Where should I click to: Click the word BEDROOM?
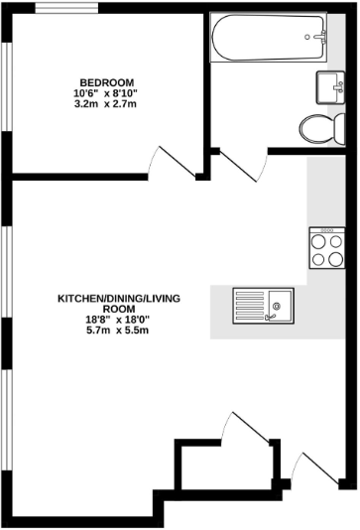(108, 82)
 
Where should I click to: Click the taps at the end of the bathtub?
(320, 38)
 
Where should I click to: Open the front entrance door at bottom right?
(314, 469)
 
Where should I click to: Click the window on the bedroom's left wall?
(8, 84)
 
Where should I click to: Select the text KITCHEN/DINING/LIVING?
(118, 299)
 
